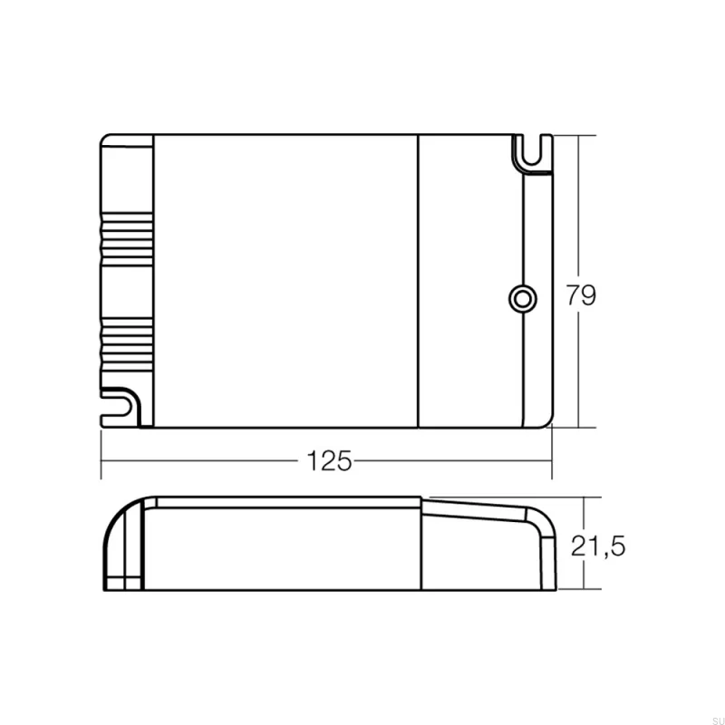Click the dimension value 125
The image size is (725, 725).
click(328, 460)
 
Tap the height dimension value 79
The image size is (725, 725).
click(581, 295)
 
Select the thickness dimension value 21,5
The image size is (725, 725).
click(598, 545)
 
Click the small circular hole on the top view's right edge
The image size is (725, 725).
click(521, 298)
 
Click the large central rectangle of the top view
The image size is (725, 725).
click(285, 281)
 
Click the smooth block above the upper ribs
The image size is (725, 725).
click(127, 177)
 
